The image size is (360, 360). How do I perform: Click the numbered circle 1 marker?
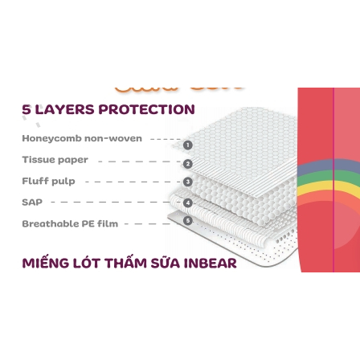pyautogui.click(x=188, y=145)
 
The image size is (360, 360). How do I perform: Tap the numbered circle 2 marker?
pyautogui.click(x=188, y=164)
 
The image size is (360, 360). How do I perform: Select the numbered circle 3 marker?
pyautogui.click(x=188, y=182)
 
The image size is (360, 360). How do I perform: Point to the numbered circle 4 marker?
pyautogui.click(x=188, y=202)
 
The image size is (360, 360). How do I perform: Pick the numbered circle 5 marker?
pyautogui.click(x=188, y=221)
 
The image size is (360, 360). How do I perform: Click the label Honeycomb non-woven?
pyautogui.click(x=82, y=138)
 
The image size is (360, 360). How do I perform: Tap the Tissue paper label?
pyautogui.click(x=55, y=160)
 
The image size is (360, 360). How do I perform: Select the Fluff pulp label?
pyautogui.click(x=48, y=181)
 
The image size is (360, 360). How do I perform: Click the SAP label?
pyautogui.click(x=32, y=202)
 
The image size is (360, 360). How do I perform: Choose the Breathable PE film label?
pyautogui.click(x=70, y=223)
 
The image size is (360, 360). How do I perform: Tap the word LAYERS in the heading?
pyautogui.click(x=65, y=109)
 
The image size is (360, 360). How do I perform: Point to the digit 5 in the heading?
pyautogui.click(x=27, y=109)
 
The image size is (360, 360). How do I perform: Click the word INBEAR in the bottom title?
pyautogui.click(x=210, y=263)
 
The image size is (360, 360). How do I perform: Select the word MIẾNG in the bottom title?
pyautogui.click(x=46, y=262)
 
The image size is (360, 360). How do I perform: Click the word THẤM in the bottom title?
pyautogui.click(x=125, y=262)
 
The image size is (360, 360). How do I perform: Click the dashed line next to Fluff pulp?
pyautogui.click(x=133, y=182)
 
